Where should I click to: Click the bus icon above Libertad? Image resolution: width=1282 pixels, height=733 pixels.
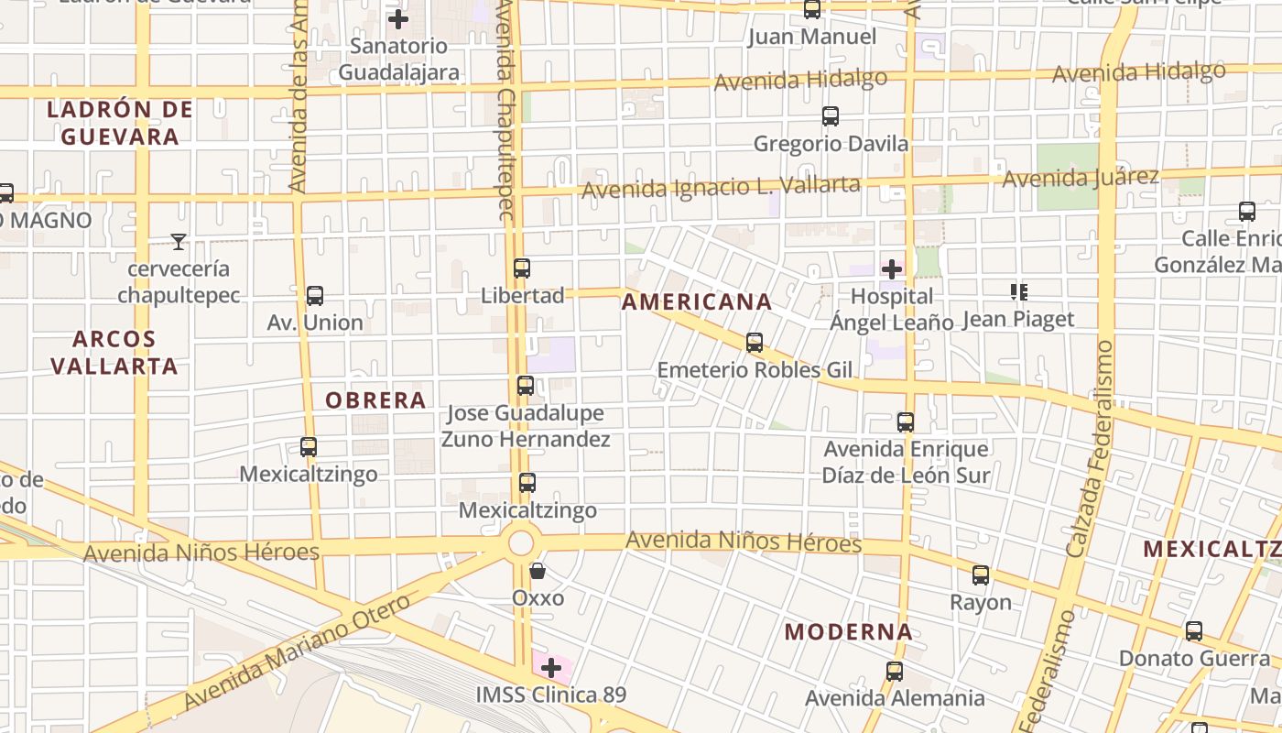(x=522, y=268)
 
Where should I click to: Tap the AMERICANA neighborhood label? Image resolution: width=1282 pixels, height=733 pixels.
(x=697, y=301)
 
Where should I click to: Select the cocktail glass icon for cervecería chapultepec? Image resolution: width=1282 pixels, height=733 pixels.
(x=179, y=242)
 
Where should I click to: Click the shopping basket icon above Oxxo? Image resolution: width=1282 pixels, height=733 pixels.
(x=538, y=571)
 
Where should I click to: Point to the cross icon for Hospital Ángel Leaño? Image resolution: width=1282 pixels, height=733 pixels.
(x=891, y=269)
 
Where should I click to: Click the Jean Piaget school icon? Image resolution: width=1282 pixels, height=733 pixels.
(x=1018, y=292)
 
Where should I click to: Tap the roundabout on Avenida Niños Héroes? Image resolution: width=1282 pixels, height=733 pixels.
(x=520, y=542)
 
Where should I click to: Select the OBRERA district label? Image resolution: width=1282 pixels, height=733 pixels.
(x=375, y=399)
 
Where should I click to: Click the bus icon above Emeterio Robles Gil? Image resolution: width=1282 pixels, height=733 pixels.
(x=755, y=343)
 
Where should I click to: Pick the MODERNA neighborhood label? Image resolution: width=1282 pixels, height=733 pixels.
(x=849, y=631)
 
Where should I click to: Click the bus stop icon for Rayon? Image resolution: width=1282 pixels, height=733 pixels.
(x=981, y=575)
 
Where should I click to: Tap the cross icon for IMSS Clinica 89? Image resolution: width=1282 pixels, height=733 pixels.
(x=551, y=668)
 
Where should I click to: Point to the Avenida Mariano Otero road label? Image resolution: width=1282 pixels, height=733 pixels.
(x=298, y=652)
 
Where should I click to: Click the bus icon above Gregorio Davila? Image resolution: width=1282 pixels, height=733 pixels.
(x=831, y=116)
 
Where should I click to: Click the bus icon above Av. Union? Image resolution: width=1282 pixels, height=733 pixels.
(x=315, y=296)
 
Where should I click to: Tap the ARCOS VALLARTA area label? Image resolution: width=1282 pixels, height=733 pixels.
(x=114, y=352)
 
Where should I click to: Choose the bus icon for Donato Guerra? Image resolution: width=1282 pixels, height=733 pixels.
(x=1194, y=631)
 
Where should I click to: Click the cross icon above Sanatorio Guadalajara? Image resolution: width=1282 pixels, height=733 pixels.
(x=398, y=18)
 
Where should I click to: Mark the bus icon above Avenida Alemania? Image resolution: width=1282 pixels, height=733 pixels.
(x=895, y=672)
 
